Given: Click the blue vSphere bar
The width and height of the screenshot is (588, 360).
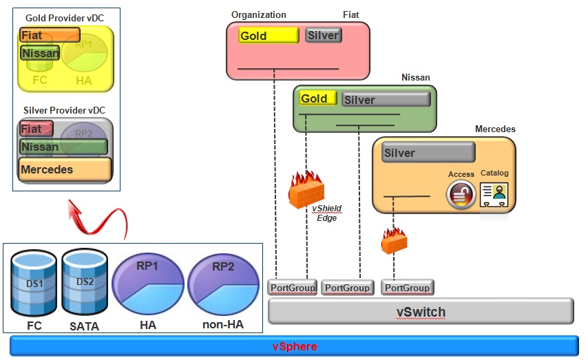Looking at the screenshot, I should pos(294,346).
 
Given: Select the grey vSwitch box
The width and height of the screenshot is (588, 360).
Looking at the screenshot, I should pos(420,312).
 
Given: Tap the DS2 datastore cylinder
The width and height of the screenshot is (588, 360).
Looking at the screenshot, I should pos(85,282).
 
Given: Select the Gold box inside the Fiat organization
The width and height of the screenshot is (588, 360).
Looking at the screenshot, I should pos(269,36).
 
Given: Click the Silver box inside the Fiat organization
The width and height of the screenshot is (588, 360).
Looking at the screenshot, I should pos(324,35).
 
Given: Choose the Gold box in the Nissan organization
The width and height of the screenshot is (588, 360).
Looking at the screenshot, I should pos(318,98).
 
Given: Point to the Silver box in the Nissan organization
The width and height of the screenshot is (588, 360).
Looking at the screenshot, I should pos(386,100).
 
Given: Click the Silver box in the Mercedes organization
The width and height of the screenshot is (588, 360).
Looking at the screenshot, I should pos(428,153).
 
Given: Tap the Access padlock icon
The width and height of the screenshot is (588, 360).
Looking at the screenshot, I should pos(461,195).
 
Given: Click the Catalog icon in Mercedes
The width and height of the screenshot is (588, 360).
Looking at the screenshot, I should pos(494,193).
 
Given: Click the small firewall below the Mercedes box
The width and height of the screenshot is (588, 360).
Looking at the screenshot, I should pos(394,241).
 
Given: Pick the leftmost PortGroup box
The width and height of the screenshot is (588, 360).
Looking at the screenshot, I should pos(292,287).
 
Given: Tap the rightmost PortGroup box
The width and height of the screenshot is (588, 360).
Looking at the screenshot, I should pos(407,287).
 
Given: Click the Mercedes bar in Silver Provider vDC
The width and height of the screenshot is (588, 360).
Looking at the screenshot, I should pos(65,169).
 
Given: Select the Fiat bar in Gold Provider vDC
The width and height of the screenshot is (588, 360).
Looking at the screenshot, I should pos(50,35).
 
